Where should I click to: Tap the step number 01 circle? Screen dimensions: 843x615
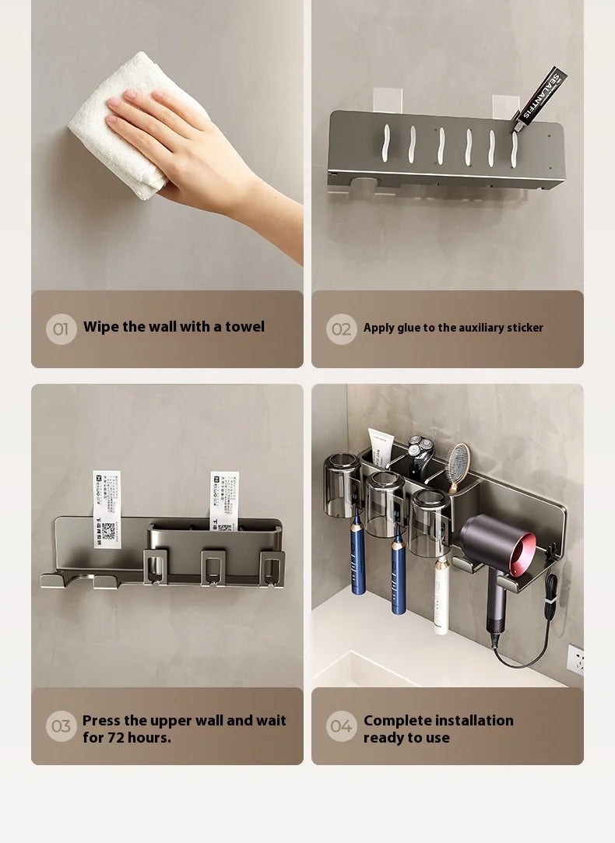(61, 328)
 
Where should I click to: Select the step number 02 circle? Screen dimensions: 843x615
(341, 328)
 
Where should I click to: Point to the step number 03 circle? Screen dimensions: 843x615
(61, 726)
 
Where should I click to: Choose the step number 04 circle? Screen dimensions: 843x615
(341, 726)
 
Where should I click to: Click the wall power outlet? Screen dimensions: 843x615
(575, 659)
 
